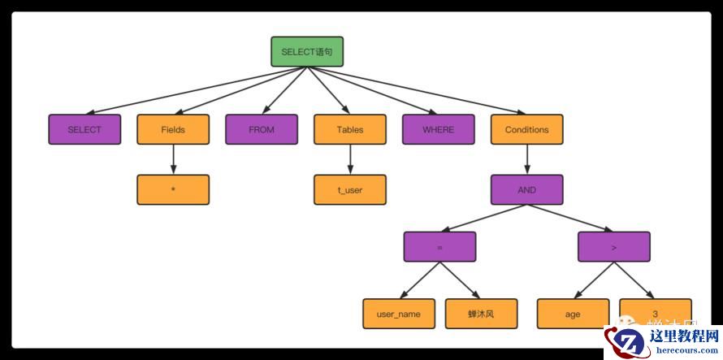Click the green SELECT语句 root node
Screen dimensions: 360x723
307,51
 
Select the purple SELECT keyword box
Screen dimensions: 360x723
84,129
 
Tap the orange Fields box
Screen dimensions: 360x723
173,129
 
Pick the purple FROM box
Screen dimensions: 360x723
262,129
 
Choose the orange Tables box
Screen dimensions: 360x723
350,129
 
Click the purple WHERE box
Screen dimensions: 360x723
439,129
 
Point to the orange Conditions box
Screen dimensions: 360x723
526,129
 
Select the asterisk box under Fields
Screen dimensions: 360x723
173,189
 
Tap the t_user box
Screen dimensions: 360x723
350,189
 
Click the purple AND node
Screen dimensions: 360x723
526,189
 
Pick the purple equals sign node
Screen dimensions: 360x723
439,246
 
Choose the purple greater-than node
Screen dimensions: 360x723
614,246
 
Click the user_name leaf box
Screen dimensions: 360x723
399,314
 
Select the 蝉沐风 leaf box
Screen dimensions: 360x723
481,314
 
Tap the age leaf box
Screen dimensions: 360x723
573,314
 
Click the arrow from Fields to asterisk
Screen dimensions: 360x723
173,159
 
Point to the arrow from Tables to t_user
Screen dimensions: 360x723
350,159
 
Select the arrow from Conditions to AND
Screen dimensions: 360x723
526,159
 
